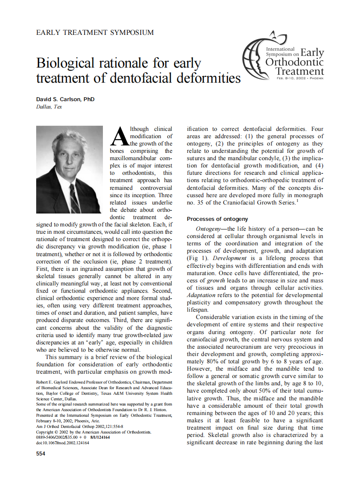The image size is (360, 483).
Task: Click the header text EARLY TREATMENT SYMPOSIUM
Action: (94, 32)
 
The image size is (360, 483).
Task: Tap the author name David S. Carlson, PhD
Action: (65, 99)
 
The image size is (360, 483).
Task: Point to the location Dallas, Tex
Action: (49, 107)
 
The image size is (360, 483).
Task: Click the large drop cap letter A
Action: (119, 136)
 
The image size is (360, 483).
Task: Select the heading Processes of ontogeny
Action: (217, 219)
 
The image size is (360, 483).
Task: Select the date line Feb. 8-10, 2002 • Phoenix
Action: (300, 78)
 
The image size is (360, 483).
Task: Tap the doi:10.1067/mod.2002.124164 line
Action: (63, 443)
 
